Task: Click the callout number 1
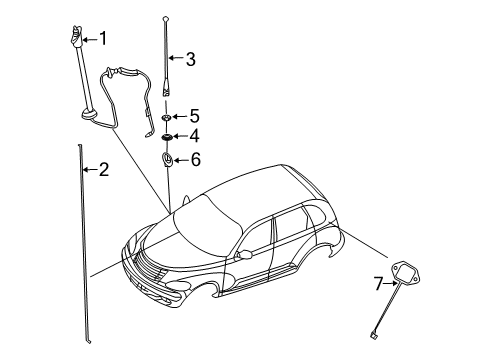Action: (102, 39)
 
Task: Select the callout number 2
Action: (103, 169)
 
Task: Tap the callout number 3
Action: (190, 59)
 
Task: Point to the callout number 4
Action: (194, 136)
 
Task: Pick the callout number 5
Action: (194, 115)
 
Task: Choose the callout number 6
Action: (195, 159)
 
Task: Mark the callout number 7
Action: (379, 284)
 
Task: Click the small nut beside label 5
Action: (167, 116)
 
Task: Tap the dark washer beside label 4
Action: (167, 136)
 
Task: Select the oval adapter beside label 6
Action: (167, 158)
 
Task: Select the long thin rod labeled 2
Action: (81, 240)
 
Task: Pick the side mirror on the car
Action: (242, 257)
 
